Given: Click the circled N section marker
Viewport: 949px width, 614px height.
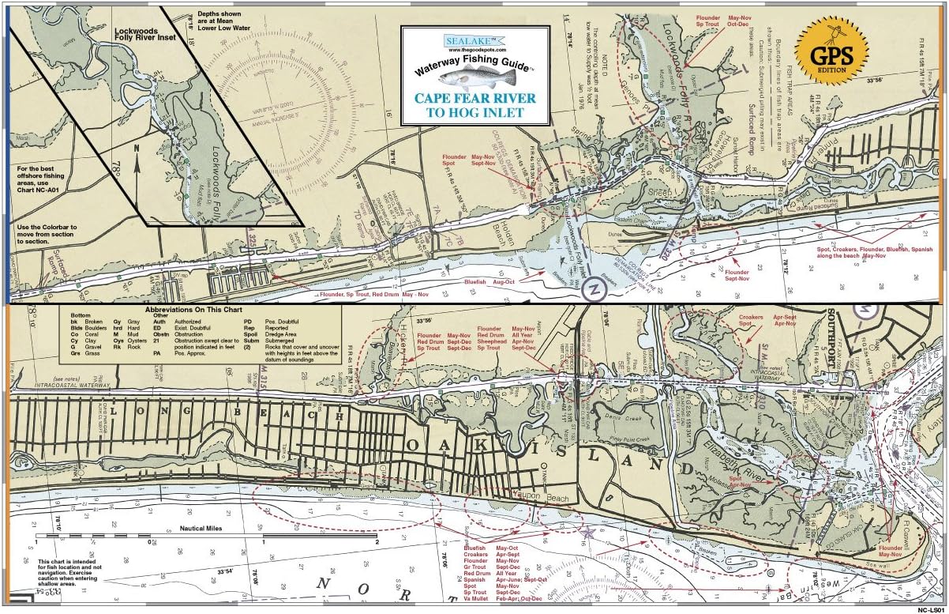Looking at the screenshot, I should [x=592, y=290].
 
